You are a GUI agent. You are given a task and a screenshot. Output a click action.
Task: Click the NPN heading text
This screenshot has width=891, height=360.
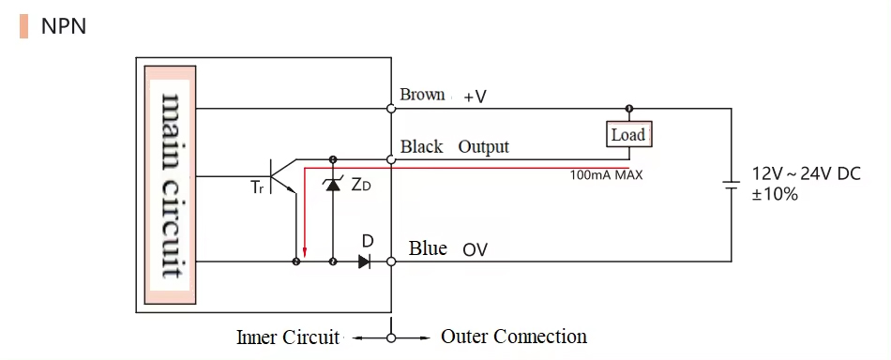(64, 26)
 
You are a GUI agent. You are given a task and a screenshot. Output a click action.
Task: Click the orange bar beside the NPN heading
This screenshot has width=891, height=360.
(23, 26)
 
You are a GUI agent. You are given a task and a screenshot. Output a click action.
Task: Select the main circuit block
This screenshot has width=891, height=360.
(171, 185)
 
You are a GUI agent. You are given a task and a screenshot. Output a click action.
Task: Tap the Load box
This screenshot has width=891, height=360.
(628, 135)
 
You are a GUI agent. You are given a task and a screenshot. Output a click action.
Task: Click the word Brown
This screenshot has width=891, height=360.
(422, 95)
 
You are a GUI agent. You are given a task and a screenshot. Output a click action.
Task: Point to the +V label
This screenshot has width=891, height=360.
(475, 97)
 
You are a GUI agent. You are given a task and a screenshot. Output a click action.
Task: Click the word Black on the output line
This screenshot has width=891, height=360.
(421, 147)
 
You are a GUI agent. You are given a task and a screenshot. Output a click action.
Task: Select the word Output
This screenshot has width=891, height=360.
(483, 147)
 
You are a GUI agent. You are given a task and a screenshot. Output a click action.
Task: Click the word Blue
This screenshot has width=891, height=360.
(428, 248)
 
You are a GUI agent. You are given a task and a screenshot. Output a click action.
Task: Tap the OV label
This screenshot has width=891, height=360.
(475, 250)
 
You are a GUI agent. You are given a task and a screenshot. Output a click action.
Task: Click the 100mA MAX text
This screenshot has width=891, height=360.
(606, 174)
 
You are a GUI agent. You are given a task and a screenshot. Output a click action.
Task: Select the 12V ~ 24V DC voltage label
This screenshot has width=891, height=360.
(807, 174)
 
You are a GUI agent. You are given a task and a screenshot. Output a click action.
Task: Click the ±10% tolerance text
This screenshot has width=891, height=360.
(775, 194)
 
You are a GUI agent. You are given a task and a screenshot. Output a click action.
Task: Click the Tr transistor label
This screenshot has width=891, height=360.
(257, 187)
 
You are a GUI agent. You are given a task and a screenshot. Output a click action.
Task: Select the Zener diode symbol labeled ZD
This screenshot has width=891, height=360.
(331, 185)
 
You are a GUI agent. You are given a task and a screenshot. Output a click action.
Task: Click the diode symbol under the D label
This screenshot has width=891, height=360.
(365, 262)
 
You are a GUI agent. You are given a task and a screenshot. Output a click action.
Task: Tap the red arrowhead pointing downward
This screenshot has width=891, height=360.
(304, 254)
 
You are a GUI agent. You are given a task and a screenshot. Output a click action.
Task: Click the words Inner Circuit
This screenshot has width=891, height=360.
(288, 337)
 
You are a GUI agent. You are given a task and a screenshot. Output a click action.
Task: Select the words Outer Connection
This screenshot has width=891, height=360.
(514, 337)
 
